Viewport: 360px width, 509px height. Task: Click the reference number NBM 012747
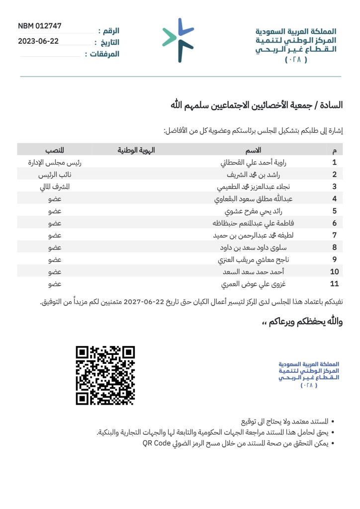[40, 26]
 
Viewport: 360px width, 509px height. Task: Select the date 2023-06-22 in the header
[38, 41]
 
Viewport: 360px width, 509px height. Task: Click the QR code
[105, 375]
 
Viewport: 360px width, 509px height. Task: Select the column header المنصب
[55, 150]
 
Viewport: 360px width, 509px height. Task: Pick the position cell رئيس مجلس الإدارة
[55, 162]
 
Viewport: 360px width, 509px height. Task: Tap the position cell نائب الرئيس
[55, 174]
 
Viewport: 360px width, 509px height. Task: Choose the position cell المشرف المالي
[55, 187]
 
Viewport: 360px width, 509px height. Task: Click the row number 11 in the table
[334, 284]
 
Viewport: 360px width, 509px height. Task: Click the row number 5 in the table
[334, 211]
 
